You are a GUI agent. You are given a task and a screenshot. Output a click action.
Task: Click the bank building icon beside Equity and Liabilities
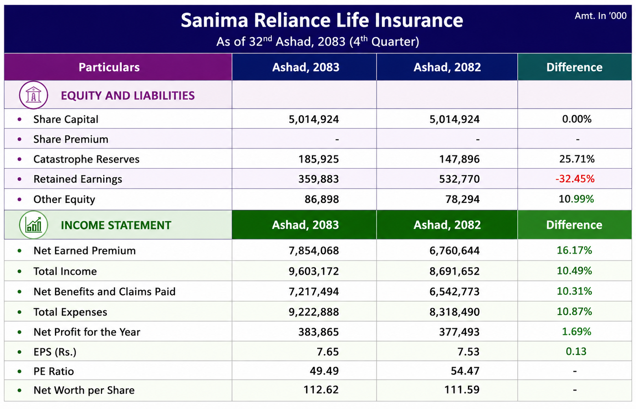click(33, 95)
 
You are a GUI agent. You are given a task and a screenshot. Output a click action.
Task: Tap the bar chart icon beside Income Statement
click(33, 225)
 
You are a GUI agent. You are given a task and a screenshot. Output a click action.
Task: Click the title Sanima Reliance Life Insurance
click(322, 20)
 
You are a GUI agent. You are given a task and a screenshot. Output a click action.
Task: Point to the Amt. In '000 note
click(601, 15)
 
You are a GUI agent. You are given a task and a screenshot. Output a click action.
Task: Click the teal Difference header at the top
click(575, 67)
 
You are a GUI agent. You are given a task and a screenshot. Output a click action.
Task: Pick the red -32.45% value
click(575, 179)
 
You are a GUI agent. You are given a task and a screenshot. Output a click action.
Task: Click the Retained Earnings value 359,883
click(318, 179)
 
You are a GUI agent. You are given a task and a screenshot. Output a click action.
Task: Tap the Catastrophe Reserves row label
click(86, 159)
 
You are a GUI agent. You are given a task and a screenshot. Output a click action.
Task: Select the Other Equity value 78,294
click(462, 199)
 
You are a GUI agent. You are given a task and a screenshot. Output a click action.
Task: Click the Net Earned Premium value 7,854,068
click(314, 250)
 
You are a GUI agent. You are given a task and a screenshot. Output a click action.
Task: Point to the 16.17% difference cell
click(574, 250)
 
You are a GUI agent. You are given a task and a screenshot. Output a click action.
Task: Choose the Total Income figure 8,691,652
click(455, 271)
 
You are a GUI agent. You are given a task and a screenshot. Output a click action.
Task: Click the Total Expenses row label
click(70, 312)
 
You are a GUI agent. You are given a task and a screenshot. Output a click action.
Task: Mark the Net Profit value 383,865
click(318, 332)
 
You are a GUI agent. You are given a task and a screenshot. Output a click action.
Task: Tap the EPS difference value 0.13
click(576, 351)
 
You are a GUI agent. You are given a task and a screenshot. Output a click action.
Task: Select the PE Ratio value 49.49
click(324, 371)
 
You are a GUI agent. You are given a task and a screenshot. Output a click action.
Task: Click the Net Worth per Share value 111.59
click(462, 390)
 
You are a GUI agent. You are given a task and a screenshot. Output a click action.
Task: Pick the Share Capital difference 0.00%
click(577, 119)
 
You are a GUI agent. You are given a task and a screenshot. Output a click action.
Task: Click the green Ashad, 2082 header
click(447, 225)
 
